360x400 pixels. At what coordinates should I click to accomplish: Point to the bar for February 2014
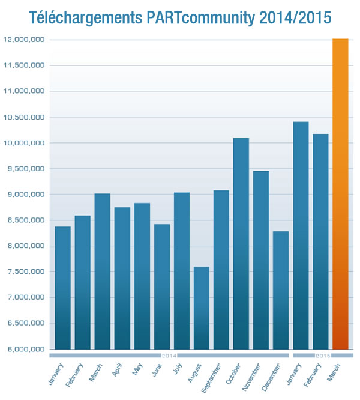pos(82,282)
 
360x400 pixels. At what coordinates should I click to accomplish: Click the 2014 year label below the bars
pos(169,356)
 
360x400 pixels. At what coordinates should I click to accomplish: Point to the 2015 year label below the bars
pos(323,356)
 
